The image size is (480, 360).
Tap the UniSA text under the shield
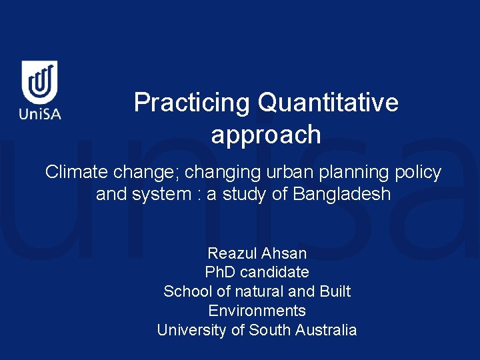click(x=40, y=113)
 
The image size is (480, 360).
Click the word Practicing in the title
click(x=191, y=103)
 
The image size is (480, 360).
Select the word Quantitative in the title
click(x=327, y=103)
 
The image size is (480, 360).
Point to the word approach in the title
click(x=266, y=135)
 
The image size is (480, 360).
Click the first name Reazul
click(x=231, y=253)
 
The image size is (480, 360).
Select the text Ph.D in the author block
click(x=220, y=272)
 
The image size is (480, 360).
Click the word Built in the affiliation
click(x=334, y=291)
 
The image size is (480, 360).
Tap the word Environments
click(x=257, y=311)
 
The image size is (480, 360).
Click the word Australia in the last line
click(x=328, y=330)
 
